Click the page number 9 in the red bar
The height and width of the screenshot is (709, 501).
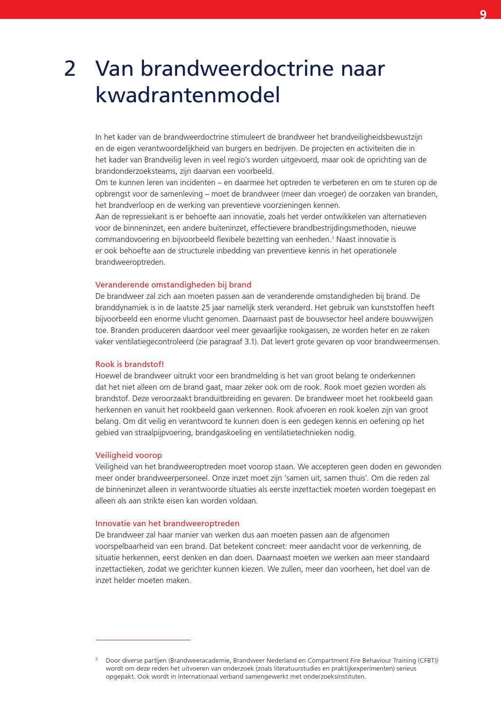483,15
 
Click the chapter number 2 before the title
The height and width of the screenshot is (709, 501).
70,69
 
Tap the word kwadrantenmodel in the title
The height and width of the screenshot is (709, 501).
188,95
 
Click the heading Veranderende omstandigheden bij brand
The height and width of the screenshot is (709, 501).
173,285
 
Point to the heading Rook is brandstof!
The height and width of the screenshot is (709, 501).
129,364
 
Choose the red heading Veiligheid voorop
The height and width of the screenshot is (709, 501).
128,455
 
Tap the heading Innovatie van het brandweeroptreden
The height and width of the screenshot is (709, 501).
167,523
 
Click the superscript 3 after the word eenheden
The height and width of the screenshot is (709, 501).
332,237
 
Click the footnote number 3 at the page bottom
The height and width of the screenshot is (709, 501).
97,659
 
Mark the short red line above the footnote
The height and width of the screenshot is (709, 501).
143,640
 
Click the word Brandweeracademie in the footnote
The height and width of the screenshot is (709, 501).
199,660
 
